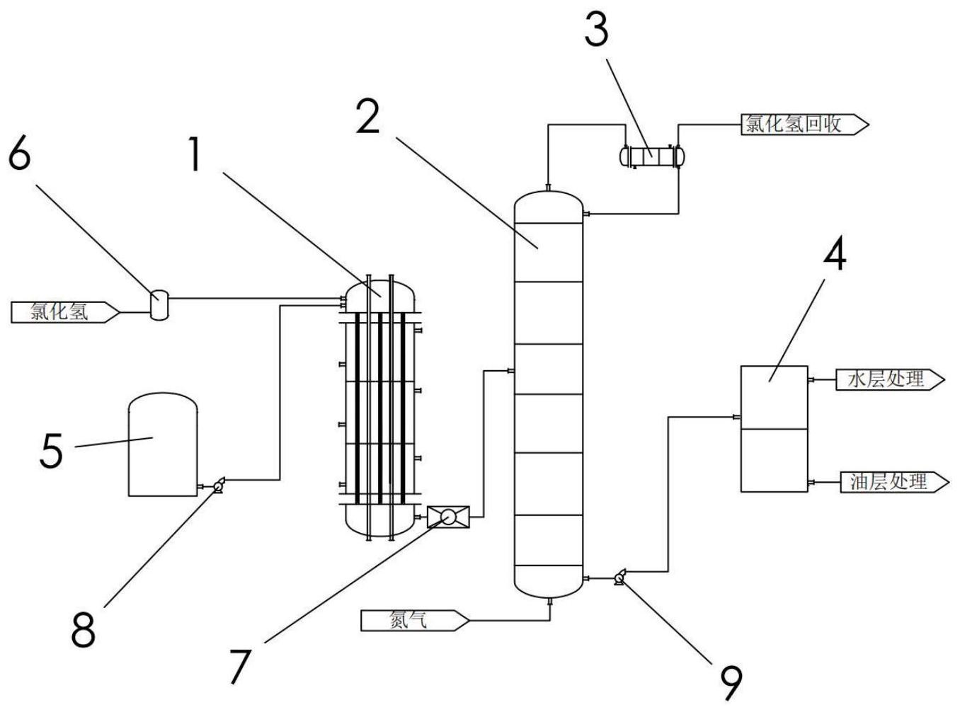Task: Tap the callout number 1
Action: click(x=195, y=154)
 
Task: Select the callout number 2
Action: click(x=368, y=117)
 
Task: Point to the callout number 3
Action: click(x=596, y=28)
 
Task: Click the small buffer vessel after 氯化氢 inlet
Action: click(x=159, y=305)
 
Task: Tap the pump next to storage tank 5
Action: click(x=219, y=486)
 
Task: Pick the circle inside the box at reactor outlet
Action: click(x=447, y=517)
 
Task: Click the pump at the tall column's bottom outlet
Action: click(x=619, y=578)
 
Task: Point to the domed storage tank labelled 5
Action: click(x=163, y=444)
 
